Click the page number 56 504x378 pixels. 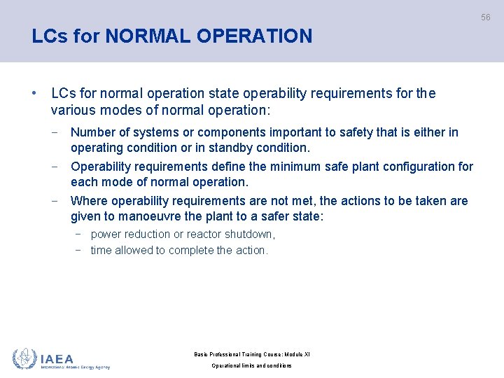tap(485, 17)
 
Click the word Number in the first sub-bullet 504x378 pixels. tap(93, 132)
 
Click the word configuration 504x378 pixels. tap(421, 167)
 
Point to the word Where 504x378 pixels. tap(89, 201)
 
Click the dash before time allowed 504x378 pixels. tap(79, 250)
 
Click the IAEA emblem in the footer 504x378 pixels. tap(24, 358)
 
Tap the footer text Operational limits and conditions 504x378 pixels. tap(251, 365)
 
